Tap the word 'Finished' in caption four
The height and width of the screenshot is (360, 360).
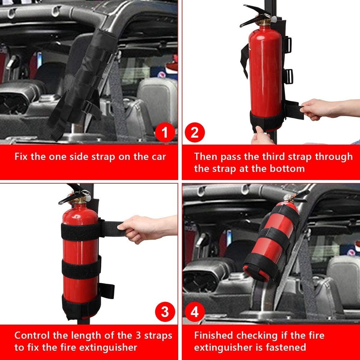click(213, 336)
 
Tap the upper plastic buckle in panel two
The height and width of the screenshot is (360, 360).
click(288, 44)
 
